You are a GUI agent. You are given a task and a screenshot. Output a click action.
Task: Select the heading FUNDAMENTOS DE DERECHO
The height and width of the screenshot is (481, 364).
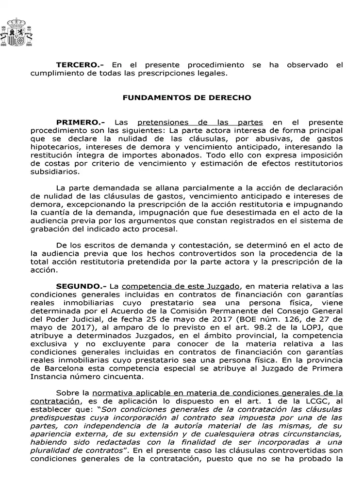[187, 97]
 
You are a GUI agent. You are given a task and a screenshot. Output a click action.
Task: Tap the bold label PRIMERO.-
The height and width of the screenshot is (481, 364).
[80, 122]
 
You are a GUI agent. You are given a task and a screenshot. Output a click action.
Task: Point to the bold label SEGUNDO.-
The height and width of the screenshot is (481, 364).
[81, 287]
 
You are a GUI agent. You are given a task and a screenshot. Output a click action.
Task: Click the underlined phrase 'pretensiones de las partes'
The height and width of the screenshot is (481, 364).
[200, 122]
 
